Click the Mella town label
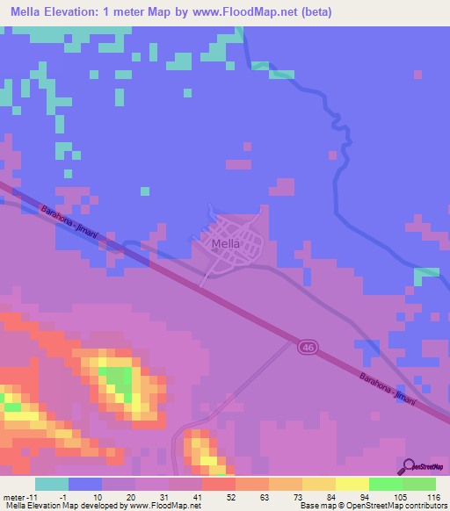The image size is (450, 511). pos(227,244)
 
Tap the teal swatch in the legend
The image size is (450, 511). pos(52,484)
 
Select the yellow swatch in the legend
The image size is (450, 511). pos(352,484)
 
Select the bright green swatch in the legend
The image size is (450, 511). pos(385,484)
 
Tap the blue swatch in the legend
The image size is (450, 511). pos(85,484)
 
